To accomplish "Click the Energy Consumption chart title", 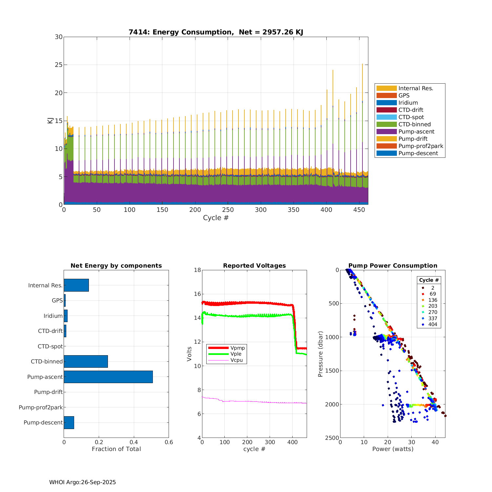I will coord(215,32).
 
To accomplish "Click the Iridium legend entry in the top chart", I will coord(408,103).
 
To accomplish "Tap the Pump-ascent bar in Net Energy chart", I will coord(108,377).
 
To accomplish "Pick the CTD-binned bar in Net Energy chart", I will coord(86,361).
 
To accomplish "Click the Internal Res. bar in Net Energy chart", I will coord(76,285).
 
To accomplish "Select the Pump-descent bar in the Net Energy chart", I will coord(69,422).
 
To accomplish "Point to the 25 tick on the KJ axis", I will coord(59,65).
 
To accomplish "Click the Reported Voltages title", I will coord(254,266).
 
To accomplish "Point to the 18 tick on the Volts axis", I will coord(197,270).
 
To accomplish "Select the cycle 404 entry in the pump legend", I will coord(432,324).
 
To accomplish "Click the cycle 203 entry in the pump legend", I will coord(432,306).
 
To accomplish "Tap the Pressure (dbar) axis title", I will coord(320,354).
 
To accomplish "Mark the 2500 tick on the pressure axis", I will coord(332,438).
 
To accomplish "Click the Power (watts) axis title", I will coord(393,449).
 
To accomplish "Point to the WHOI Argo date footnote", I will coord(82,482).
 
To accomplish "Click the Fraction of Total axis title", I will coord(116,449).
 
